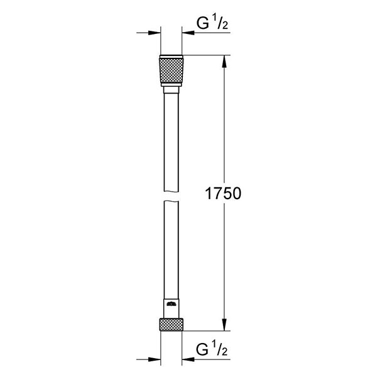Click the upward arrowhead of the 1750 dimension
[223, 62]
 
